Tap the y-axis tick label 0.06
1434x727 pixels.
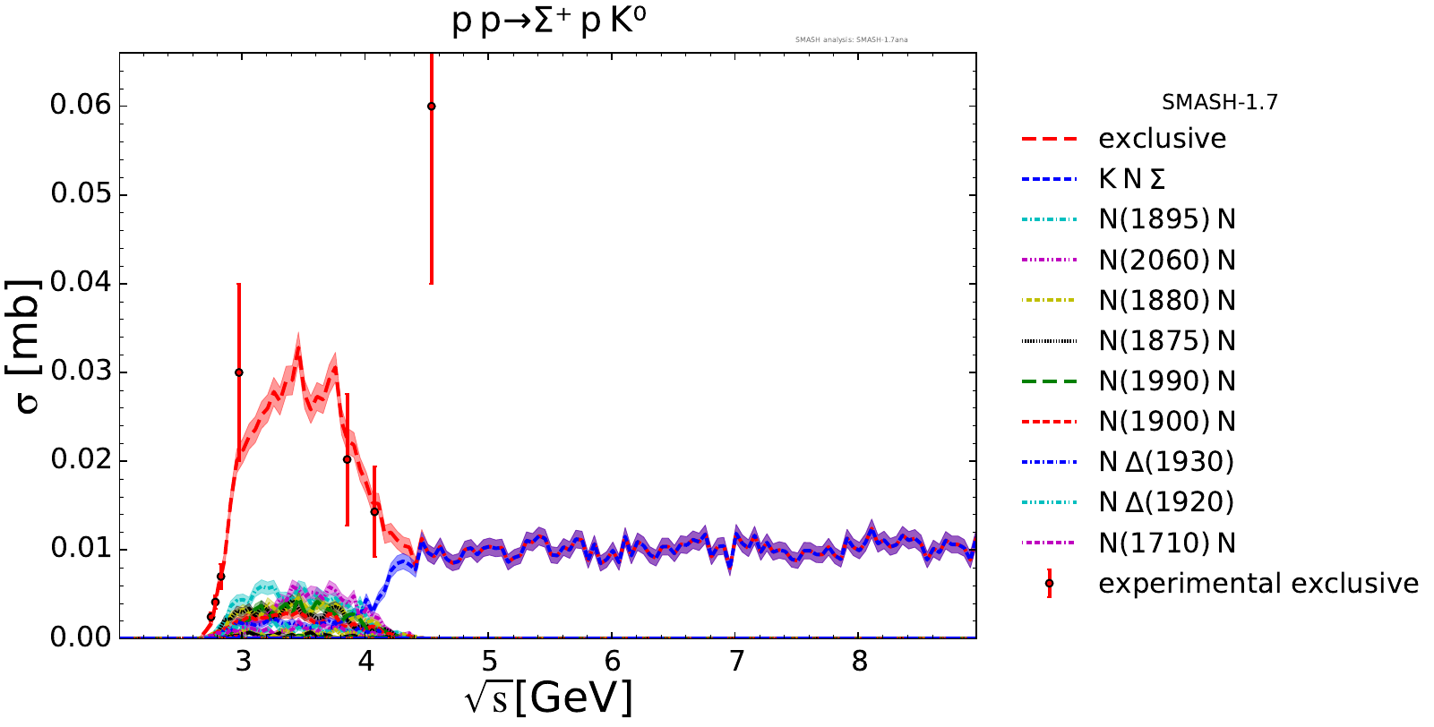tap(81, 106)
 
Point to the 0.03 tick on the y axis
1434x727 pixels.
tap(81, 372)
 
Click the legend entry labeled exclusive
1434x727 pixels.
tap(1162, 139)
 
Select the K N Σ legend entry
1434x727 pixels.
tap(1132, 179)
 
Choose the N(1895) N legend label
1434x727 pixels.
tap(1166, 219)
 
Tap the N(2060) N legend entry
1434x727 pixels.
tap(1166, 261)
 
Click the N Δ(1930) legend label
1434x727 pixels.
tap(1166, 462)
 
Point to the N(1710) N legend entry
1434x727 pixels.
tap(1166, 543)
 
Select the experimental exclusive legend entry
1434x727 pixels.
tap(1258, 584)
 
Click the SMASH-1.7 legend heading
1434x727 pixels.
tap(1219, 102)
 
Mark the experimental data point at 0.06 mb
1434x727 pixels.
tap(431, 106)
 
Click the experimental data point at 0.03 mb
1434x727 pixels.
tap(238, 372)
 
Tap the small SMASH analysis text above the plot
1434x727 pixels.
tap(851, 39)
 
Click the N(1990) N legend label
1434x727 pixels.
tap(1166, 381)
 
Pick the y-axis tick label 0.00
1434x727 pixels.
tap(81, 637)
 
